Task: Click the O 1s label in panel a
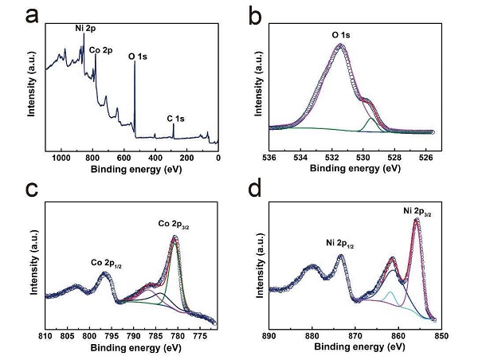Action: pyautogui.click(x=138, y=57)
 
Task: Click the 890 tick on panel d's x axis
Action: pyautogui.click(x=269, y=335)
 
